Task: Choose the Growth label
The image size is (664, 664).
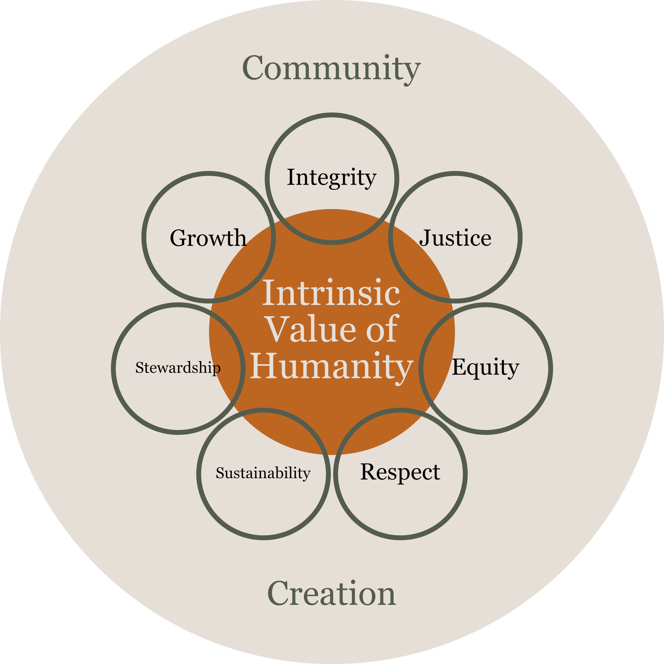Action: (x=208, y=238)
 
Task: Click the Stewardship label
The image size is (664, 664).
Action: (x=178, y=368)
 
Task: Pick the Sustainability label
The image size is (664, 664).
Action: (x=263, y=473)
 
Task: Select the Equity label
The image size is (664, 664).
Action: (x=485, y=367)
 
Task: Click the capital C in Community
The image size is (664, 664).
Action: (x=255, y=68)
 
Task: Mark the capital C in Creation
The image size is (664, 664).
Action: (x=279, y=594)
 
